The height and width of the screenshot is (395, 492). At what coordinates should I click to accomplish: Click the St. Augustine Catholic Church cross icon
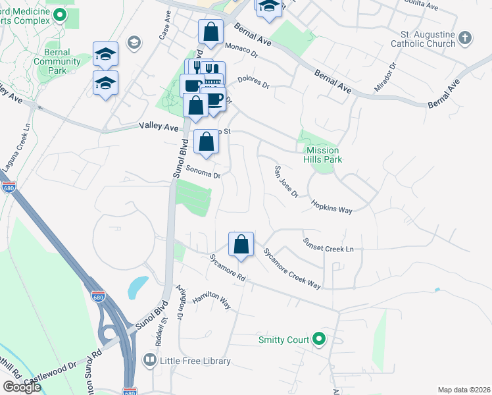click(x=465, y=38)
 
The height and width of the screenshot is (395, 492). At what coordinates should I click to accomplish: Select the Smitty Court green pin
click(x=319, y=340)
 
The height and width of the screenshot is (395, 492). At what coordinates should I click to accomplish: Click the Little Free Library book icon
click(x=149, y=361)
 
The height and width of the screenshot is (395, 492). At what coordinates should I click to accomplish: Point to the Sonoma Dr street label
click(x=202, y=172)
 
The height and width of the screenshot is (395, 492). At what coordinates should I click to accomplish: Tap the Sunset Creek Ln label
click(x=328, y=245)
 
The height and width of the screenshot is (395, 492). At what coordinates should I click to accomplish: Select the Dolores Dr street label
click(x=253, y=81)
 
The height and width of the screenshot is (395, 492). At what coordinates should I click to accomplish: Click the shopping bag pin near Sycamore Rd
click(x=241, y=244)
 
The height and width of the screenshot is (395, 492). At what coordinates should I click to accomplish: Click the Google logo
click(x=22, y=387)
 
